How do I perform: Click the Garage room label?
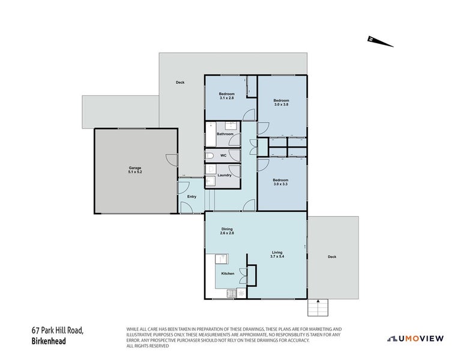click(x=135, y=170)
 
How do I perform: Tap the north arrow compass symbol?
click(x=380, y=41)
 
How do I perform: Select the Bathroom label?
click(x=225, y=134)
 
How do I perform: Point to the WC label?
click(x=223, y=155)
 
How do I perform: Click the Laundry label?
click(x=225, y=175)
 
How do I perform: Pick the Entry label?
click(x=192, y=197)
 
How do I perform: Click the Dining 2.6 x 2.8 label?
click(x=227, y=230)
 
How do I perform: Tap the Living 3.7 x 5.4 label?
click(x=277, y=254)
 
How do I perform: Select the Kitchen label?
click(x=228, y=274)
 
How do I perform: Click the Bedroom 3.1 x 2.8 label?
click(x=226, y=95)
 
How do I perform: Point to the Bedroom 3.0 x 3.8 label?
click(x=281, y=103)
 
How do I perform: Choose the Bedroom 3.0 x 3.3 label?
click(x=280, y=182)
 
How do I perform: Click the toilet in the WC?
click(x=209, y=155)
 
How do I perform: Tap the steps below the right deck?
click(x=318, y=307)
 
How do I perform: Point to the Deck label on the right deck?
click(x=332, y=257)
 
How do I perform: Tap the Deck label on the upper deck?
click(x=180, y=83)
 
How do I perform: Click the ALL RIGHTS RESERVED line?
click(x=147, y=346)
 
